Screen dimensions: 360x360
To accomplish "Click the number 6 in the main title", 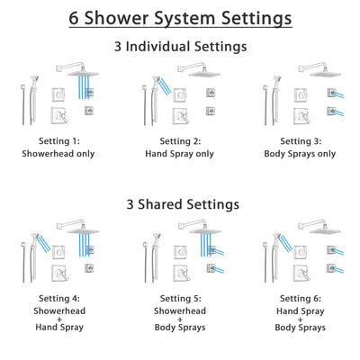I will click(74, 18).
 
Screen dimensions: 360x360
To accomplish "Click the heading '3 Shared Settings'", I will click(180, 204).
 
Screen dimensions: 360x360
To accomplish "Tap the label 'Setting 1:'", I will click(61, 141).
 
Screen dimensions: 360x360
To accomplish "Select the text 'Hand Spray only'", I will click(180, 153).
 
